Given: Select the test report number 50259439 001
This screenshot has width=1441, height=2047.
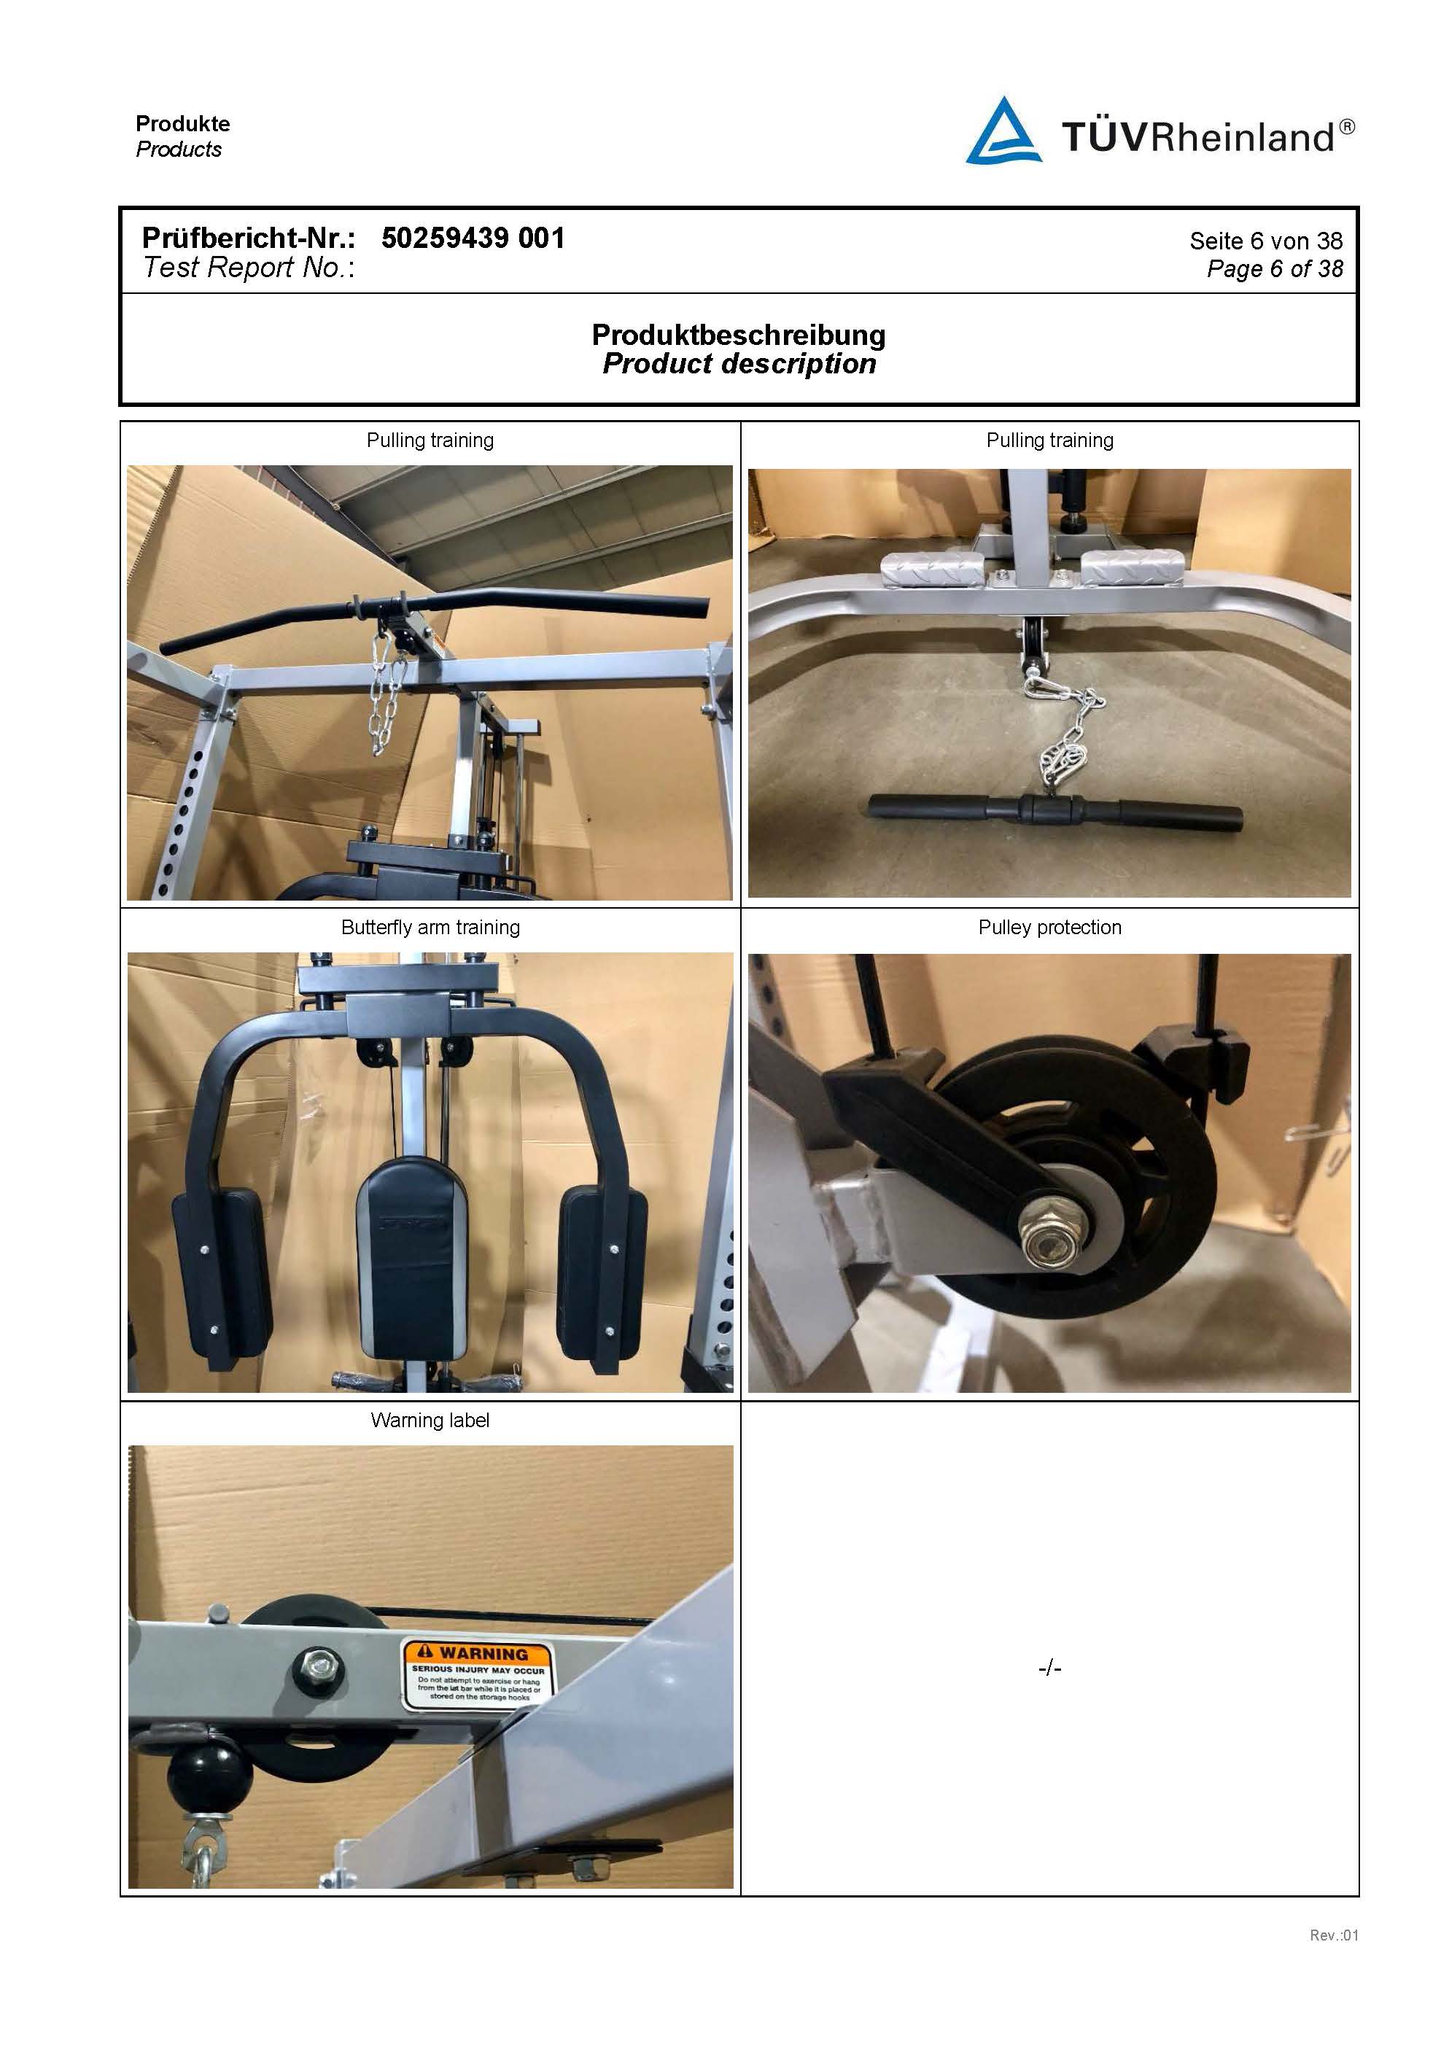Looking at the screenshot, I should point(473,238).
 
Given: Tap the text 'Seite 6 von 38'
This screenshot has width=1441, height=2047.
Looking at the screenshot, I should point(1265,241).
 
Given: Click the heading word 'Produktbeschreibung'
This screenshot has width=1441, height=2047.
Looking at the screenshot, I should point(738,335).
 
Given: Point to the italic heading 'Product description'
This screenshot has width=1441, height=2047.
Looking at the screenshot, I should point(738,364).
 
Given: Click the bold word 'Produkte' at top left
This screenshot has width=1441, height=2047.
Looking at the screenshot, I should point(183,124).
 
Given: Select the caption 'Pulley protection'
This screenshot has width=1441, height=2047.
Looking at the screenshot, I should point(1049,927).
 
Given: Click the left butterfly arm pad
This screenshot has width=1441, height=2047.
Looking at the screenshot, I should point(221,1270).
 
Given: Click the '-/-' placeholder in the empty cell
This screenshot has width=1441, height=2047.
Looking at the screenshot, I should point(1049,1668).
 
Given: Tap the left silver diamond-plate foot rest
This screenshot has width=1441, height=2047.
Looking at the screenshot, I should point(932,565).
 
